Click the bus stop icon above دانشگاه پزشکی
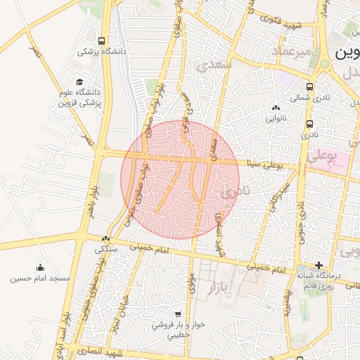pos(103,41)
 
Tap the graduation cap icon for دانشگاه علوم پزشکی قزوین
pos(79,82)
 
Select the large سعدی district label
pos(215,65)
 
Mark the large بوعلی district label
pos(323,154)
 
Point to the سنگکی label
pos(106,249)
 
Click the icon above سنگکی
pos(106,239)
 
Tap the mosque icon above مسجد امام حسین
pos(39,267)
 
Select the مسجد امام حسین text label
pos(40,278)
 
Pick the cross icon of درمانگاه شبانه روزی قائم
pos(319,266)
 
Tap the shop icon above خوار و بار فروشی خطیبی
pos(177,314)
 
